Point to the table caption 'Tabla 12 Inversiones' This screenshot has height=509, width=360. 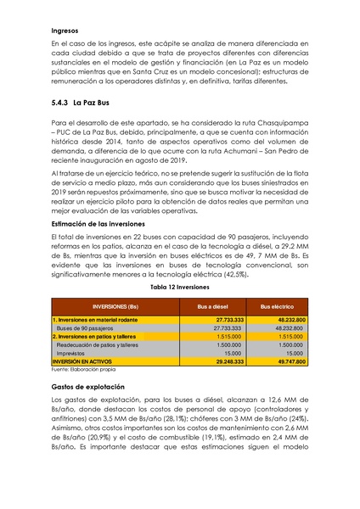[179, 288]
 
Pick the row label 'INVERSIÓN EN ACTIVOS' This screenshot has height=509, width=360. [87, 361]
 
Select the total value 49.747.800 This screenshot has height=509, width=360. [286, 361]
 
